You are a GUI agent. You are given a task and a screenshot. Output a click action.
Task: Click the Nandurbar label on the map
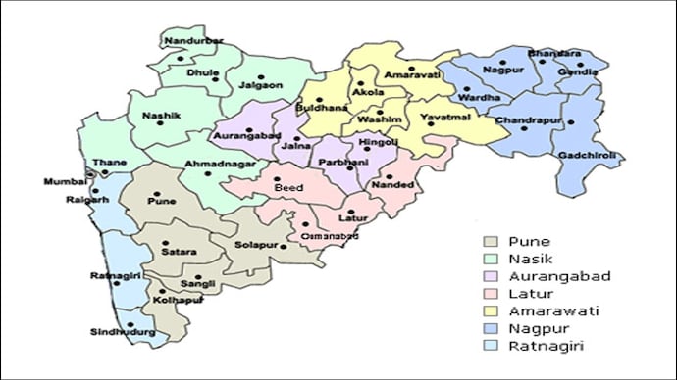tap(193, 41)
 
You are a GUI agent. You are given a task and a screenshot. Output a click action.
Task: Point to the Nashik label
tap(162, 116)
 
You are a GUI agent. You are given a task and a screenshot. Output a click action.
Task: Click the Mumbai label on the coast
tap(65, 182)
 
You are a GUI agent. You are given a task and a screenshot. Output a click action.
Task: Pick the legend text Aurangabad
tap(557, 276)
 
